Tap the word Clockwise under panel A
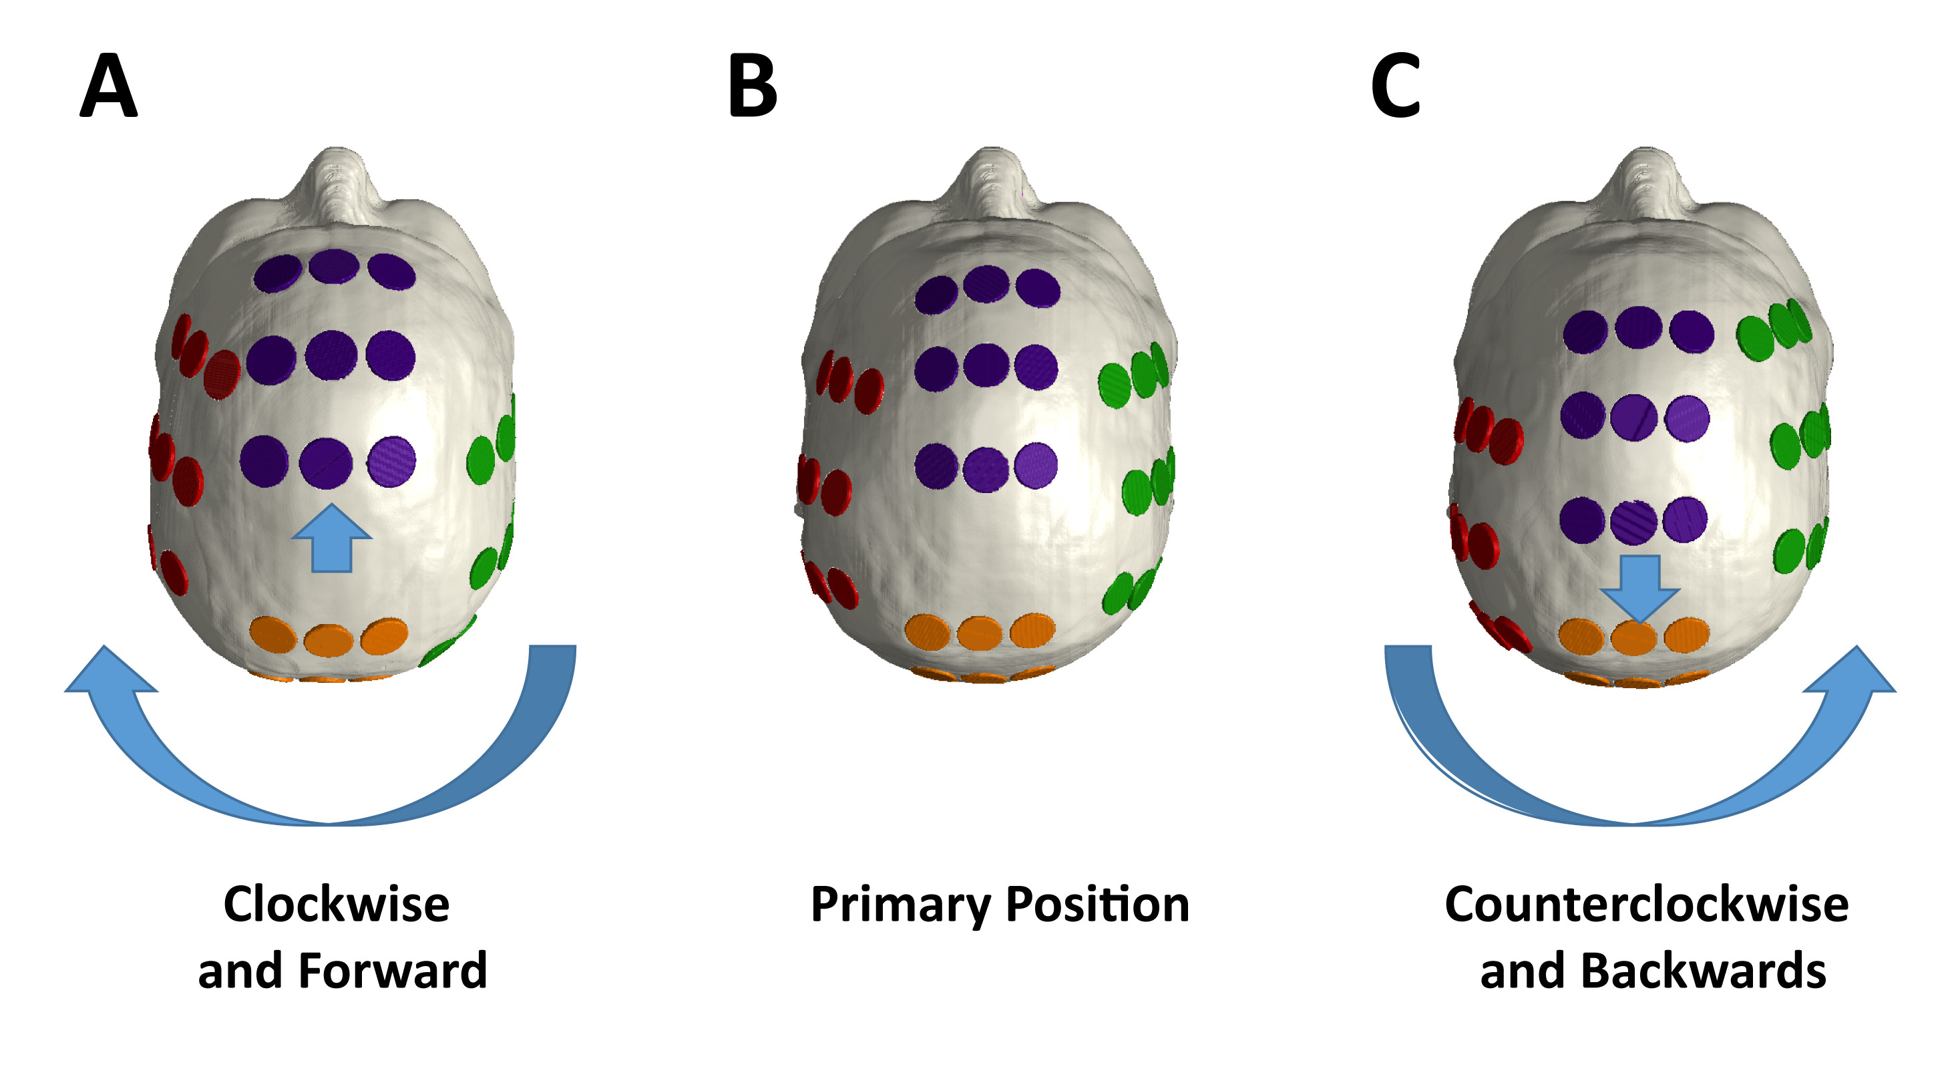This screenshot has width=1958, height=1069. [x=336, y=904]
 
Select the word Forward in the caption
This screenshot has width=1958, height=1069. [x=392, y=971]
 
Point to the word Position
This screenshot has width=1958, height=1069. [x=1098, y=905]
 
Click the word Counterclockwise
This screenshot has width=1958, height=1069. [x=1646, y=904]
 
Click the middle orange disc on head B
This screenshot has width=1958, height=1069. [x=980, y=633]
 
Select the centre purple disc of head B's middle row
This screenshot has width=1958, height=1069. [x=986, y=365]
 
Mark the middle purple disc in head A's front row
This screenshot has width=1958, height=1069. [x=333, y=266]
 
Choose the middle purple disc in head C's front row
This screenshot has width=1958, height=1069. [x=1638, y=327]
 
